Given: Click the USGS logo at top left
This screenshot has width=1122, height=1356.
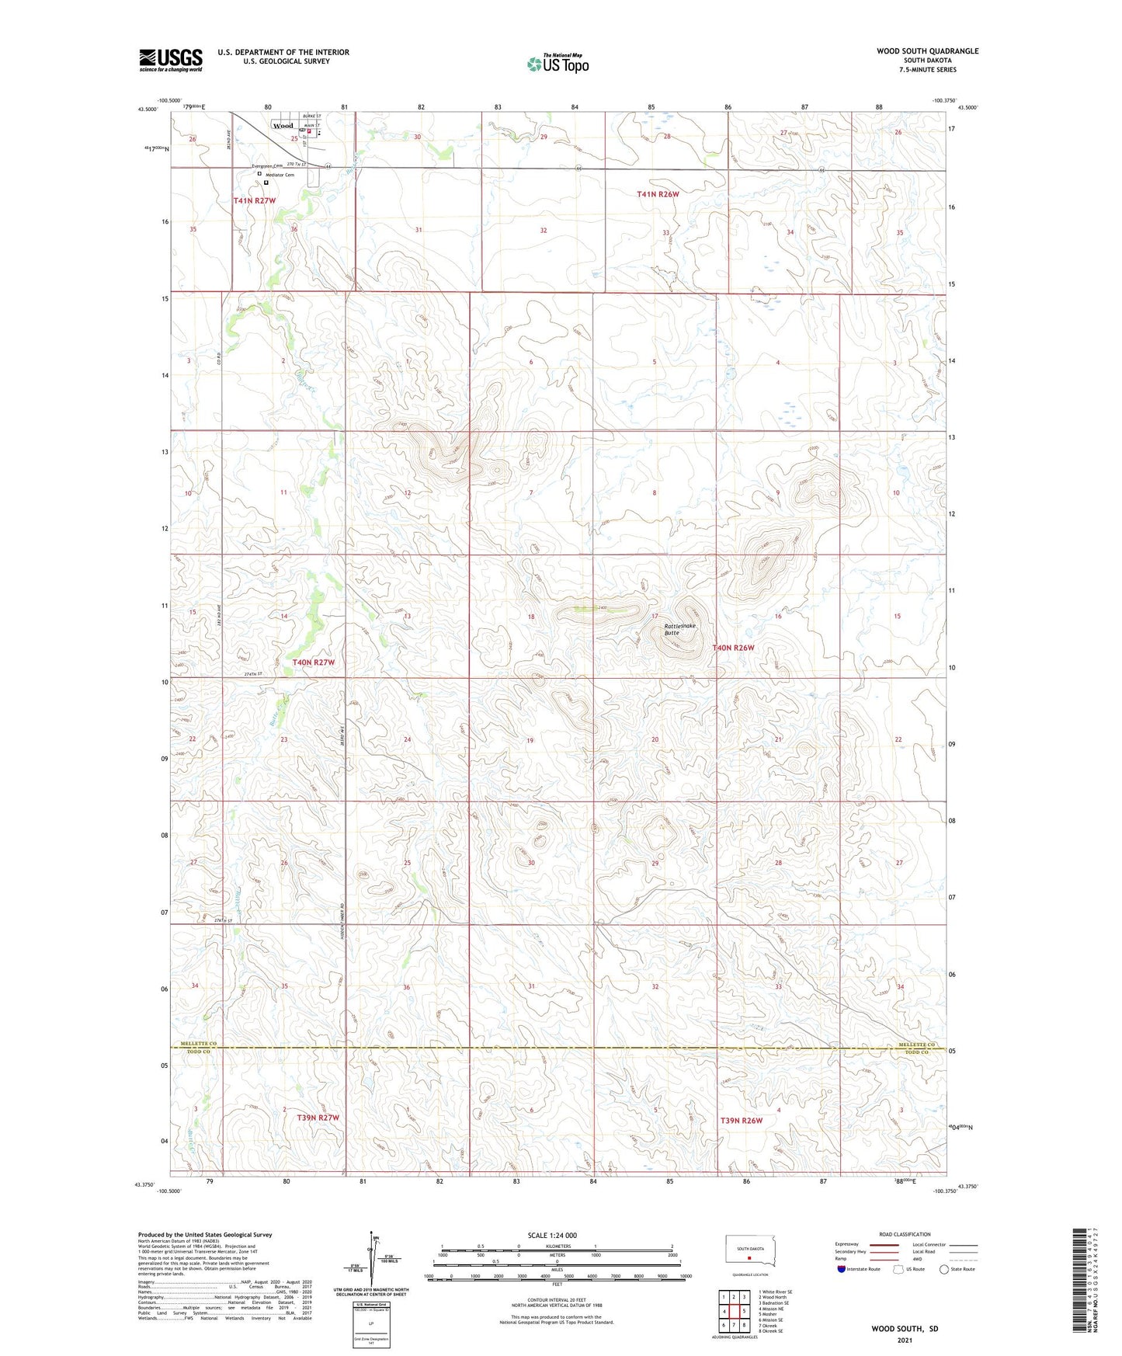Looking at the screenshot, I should point(171,60).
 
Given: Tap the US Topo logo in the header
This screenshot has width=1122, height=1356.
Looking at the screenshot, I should point(558,64).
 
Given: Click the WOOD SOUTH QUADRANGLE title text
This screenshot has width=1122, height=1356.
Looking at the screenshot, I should point(927,51).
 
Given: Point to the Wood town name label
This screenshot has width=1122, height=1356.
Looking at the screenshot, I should point(283,126).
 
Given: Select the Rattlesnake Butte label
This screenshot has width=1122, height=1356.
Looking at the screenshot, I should point(680,629).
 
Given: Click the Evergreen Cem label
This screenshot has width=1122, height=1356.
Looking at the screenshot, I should point(267,166).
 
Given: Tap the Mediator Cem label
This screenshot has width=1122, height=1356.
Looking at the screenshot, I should point(280,176).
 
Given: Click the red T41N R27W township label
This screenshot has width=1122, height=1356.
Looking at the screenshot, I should point(255,200).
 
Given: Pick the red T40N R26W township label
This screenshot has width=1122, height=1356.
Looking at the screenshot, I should point(733,648).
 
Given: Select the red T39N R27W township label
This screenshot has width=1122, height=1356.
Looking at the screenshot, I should point(318,1118).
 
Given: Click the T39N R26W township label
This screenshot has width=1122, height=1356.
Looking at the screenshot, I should point(741,1121).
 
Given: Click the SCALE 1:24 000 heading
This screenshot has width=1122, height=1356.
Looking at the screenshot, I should point(552,1236).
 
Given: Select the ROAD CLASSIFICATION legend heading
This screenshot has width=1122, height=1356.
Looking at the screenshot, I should point(905,1234).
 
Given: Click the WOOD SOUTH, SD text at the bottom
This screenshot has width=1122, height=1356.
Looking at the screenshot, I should point(905,1329).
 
